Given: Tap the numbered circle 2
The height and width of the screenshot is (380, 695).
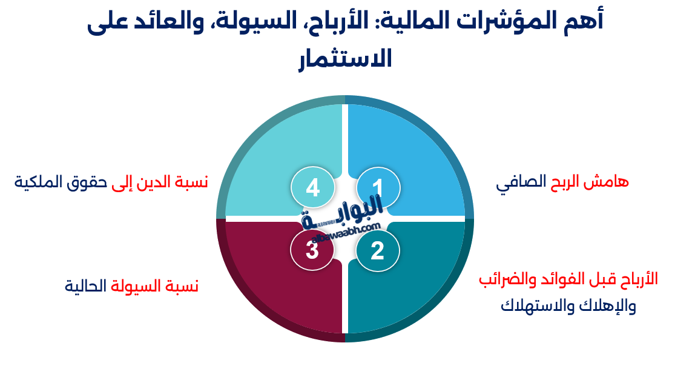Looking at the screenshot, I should click(x=378, y=250).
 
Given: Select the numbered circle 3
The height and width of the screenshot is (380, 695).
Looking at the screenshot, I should click(x=312, y=250).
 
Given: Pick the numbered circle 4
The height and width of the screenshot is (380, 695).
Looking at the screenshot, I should click(x=312, y=188).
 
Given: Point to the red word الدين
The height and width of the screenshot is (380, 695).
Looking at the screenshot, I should click(x=161, y=181).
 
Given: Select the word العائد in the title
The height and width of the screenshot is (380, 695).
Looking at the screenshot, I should click(x=181, y=23).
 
